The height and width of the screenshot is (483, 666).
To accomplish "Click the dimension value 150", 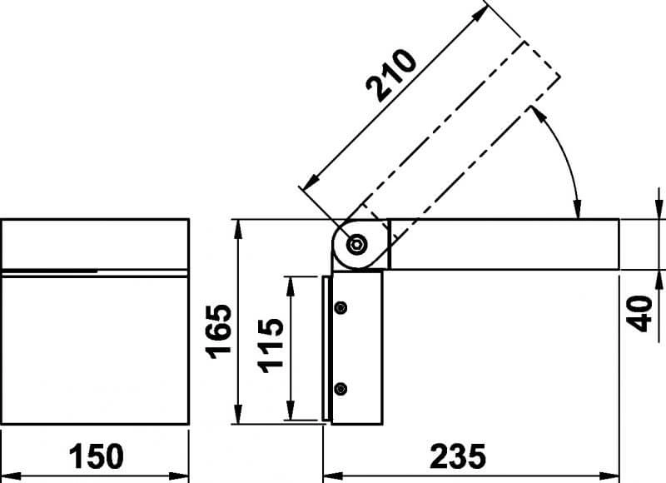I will tap(95, 456).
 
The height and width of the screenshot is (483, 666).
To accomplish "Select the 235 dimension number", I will tap(457, 456).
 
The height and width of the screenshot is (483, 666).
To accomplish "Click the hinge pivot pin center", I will tap(358, 245).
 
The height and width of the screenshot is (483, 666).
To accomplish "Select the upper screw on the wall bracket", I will tap(340, 307).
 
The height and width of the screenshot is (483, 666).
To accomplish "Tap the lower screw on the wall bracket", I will tap(340, 388).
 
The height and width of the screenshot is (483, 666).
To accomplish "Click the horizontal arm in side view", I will tap(504, 245).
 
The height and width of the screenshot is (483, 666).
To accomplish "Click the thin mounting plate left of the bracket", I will tap(326, 348).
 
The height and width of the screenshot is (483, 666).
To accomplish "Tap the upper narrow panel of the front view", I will tap(95, 243).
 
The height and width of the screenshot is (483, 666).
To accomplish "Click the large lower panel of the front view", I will tap(95, 350).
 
